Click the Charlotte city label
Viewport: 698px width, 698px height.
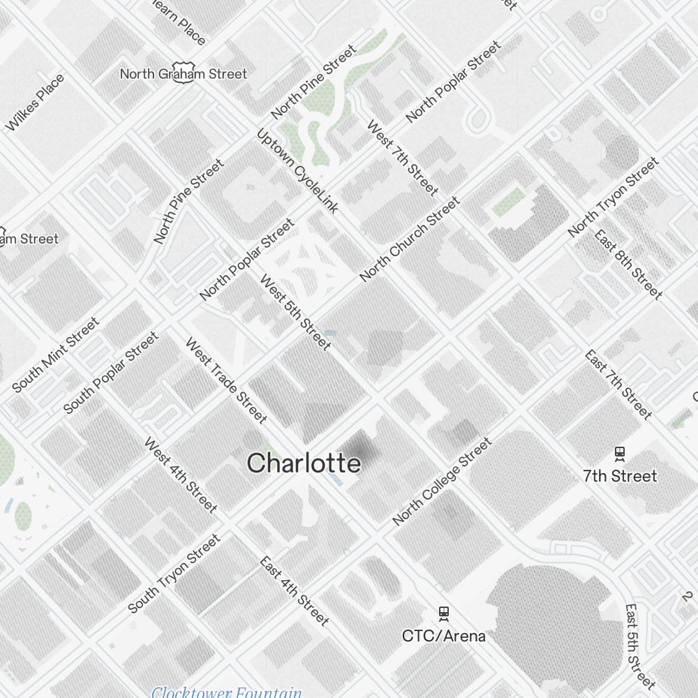304,463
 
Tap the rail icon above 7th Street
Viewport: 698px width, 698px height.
619,454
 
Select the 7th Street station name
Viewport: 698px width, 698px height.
620,476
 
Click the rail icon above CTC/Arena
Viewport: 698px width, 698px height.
443,614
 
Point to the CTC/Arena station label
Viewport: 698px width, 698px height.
443,636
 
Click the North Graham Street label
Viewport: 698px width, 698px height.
184,73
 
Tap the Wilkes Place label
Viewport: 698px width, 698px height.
35,103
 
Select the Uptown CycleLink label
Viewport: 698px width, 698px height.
297,171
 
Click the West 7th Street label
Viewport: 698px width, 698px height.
403,159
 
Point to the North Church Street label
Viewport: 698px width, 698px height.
410,239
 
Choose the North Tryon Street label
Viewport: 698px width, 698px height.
613,198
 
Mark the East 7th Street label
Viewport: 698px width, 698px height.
618,385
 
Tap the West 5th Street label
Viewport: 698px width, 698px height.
295,312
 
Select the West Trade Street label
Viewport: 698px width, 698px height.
226,380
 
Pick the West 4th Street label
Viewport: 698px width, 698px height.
181,475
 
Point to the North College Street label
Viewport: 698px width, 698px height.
443,482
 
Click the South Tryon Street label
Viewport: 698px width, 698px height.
174,574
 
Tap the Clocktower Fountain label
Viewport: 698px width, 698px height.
227,692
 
